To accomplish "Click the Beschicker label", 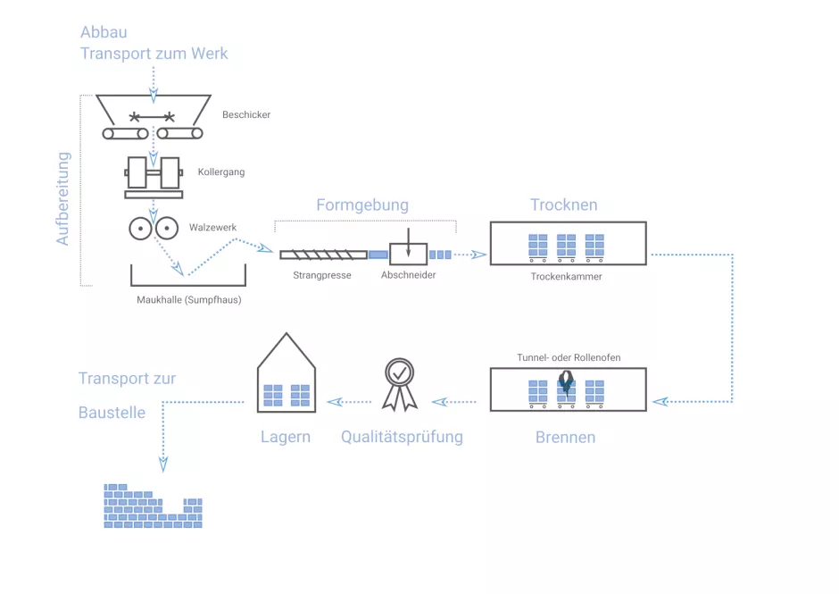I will pyautogui.click(x=246, y=115).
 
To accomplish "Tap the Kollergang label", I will pyautogui.click(x=221, y=172).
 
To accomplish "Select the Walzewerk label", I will pyautogui.click(x=212, y=228).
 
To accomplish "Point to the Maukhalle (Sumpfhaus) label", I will pyautogui.click(x=189, y=300).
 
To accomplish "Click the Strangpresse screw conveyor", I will pyautogui.click(x=323, y=255).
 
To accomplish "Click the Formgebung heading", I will pyautogui.click(x=362, y=205).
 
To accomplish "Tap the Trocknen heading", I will pyautogui.click(x=563, y=205).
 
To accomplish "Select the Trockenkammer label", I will pyautogui.click(x=566, y=277).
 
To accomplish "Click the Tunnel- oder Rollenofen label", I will pyautogui.click(x=569, y=358).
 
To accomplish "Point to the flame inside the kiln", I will pyautogui.click(x=566, y=384).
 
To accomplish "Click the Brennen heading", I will pyautogui.click(x=566, y=438).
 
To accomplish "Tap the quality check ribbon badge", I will pyautogui.click(x=399, y=382).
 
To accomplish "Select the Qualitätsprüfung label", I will pyautogui.click(x=402, y=438).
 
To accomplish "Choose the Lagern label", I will pyautogui.click(x=286, y=438).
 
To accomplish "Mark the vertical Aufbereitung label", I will pyautogui.click(x=63, y=198).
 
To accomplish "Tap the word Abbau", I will pyautogui.click(x=104, y=33).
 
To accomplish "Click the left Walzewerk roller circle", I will pyautogui.click(x=140, y=229).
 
